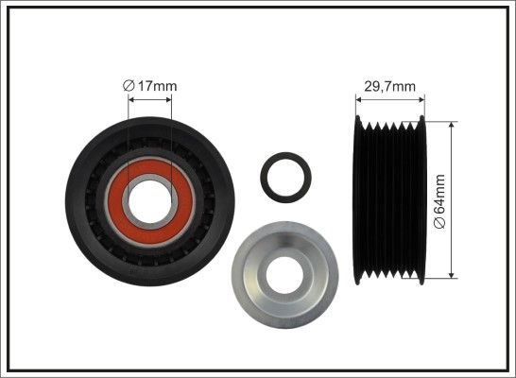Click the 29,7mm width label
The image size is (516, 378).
(x=389, y=87)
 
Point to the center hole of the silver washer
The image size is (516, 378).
(x=284, y=274)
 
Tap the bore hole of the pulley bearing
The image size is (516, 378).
(x=150, y=200)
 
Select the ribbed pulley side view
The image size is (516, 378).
(x=389, y=200)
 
